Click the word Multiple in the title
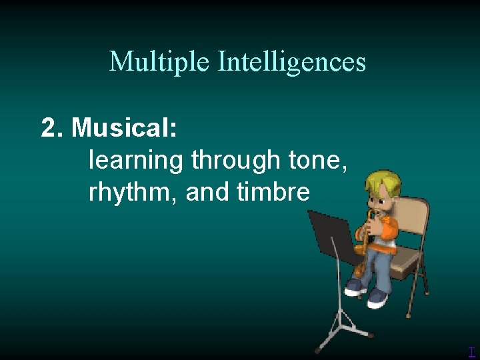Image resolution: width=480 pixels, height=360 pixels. [159, 62]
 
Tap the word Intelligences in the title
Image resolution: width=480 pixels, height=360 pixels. [291, 62]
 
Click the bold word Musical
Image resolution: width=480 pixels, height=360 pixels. [124, 127]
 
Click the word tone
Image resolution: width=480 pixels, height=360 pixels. [317, 161]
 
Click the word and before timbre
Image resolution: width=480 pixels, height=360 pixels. [207, 193]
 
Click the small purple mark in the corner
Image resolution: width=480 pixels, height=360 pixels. [471, 352]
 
